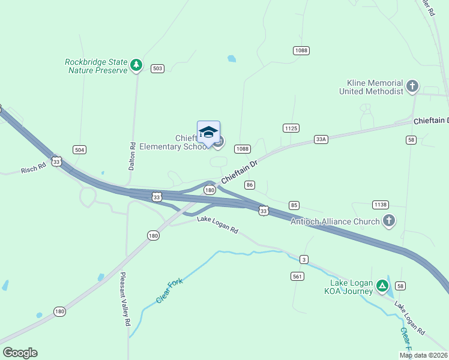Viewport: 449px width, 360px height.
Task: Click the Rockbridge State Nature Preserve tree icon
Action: pos(137,65)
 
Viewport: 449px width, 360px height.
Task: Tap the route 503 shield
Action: pos(157,68)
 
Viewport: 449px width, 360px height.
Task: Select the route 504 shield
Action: pos(79,149)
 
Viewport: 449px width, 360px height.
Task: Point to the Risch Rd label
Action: pos(34,169)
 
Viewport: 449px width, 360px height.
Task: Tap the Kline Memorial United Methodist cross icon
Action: pos(412,86)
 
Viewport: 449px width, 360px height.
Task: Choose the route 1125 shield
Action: pos(291,128)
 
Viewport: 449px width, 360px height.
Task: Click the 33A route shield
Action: pos(321,139)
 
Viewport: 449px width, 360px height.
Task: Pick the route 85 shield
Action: pos(294,205)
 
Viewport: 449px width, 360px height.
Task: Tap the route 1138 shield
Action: pos(380,205)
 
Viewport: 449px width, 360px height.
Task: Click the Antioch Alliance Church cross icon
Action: pos(389,221)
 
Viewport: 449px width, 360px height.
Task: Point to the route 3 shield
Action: pos(304,259)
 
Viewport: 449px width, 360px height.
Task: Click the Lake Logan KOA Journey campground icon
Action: pos(382,286)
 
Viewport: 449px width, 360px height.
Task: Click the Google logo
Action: pos(20,353)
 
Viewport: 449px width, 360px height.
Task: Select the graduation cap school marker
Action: pos(208,132)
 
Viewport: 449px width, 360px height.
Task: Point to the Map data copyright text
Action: pos(423,355)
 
